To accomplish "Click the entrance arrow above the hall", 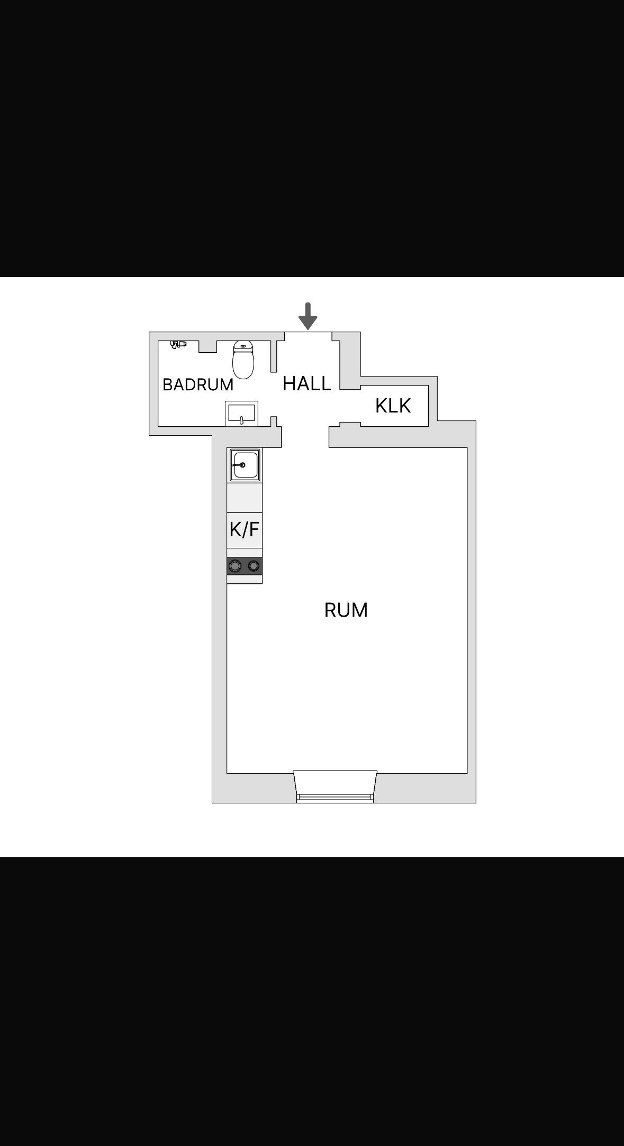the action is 308,316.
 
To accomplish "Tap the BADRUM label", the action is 198,384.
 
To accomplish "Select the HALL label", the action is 307,383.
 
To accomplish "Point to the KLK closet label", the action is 393,406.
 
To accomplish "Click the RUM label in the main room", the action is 346,610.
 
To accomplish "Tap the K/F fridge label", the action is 245,529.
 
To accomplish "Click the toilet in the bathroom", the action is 243,360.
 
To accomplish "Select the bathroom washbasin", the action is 241,413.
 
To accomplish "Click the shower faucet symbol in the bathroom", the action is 178,344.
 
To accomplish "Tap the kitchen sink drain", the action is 242,465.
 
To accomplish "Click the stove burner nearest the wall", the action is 235,566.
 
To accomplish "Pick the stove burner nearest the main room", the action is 254,566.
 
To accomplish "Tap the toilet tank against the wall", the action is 243,346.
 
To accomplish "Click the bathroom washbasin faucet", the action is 241,420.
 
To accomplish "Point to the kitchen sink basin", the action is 245,465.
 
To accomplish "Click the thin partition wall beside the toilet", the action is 274,356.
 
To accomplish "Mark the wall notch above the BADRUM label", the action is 207,346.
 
